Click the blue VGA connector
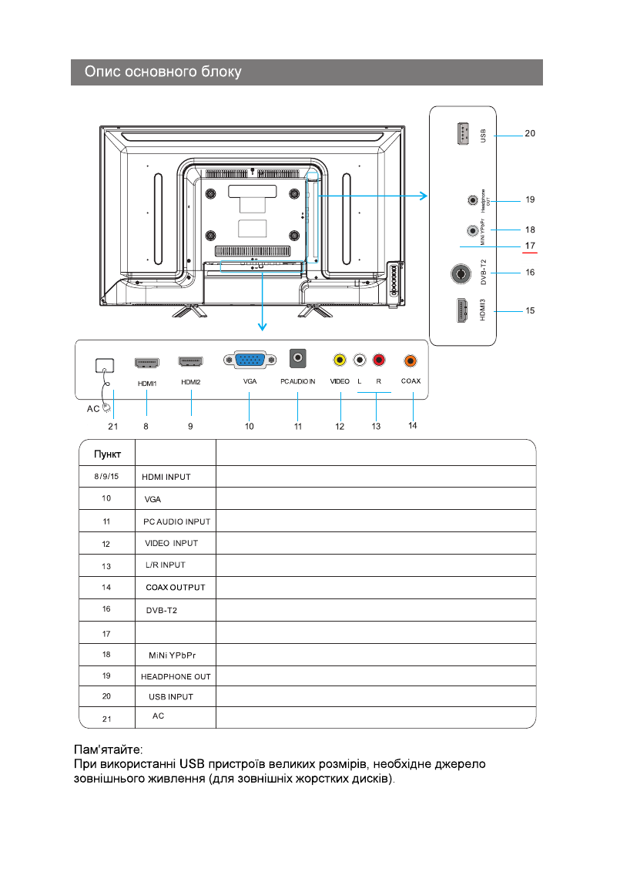click(246, 360)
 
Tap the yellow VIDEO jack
click(339, 360)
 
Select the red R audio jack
click(378, 360)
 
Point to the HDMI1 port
click(146, 361)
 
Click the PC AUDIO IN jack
click(297, 359)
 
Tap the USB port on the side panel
click(462, 134)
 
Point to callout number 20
click(530, 133)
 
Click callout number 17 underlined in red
click(530, 246)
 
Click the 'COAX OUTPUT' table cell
click(176, 588)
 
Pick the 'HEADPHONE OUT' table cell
click(176, 676)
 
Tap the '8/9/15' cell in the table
click(107, 476)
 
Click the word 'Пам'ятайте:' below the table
click(108, 749)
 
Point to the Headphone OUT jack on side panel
click(472, 200)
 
